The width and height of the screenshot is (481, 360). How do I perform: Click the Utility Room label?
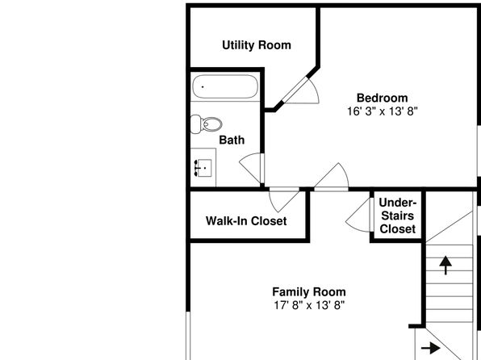pyautogui.click(x=257, y=45)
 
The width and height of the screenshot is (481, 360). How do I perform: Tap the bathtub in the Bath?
pyautogui.click(x=225, y=86)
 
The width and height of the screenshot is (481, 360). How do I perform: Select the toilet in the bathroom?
pyautogui.click(x=206, y=124)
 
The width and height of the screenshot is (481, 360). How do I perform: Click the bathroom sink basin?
pyautogui.click(x=204, y=168)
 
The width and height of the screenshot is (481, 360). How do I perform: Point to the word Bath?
pyautogui.click(x=232, y=140)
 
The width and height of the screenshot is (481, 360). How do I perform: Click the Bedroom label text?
pyautogui.click(x=383, y=98)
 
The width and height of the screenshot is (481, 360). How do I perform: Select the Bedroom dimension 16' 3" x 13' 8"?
pyautogui.click(x=383, y=111)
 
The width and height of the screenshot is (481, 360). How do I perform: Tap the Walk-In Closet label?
pyautogui.click(x=246, y=221)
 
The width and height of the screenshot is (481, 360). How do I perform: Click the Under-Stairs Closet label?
pyautogui.click(x=398, y=216)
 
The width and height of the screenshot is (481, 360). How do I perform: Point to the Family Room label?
pyautogui.click(x=309, y=291)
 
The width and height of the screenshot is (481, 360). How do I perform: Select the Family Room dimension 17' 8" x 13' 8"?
pyautogui.click(x=309, y=305)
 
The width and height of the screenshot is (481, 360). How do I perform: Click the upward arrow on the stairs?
pyautogui.click(x=445, y=266)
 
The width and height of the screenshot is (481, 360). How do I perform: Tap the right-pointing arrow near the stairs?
pyautogui.click(x=431, y=348)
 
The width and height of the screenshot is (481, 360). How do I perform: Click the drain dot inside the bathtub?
pyautogui.click(x=203, y=87)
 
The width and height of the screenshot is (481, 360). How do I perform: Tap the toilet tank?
pyautogui.click(x=195, y=124)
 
